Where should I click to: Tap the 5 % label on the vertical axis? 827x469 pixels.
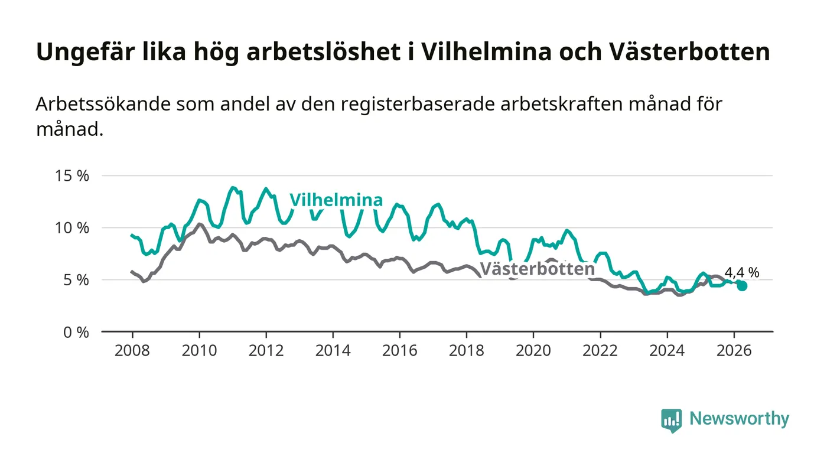pyautogui.click(x=76, y=280)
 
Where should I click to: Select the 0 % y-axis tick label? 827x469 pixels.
pyautogui.click(x=76, y=333)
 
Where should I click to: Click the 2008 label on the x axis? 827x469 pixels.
pyautogui.click(x=132, y=350)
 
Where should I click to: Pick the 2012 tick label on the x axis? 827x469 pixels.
pyautogui.click(x=266, y=350)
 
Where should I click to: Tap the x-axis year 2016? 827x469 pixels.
pyautogui.click(x=399, y=350)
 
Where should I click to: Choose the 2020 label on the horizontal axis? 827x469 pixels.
pyautogui.click(x=533, y=350)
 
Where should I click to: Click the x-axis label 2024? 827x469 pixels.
pyautogui.click(x=667, y=350)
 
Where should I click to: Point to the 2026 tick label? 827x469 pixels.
pyautogui.click(x=734, y=350)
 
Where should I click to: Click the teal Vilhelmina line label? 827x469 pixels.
pyautogui.click(x=336, y=200)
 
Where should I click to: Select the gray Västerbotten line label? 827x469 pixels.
pyautogui.click(x=538, y=269)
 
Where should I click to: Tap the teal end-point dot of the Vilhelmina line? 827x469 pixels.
pyautogui.click(x=742, y=286)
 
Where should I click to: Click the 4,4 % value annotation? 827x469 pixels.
pyautogui.click(x=742, y=272)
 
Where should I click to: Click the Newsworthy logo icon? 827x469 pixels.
pyautogui.click(x=672, y=420)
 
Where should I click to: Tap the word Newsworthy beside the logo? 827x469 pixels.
pyautogui.click(x=739, y=419)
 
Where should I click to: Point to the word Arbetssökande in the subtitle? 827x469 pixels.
pyautogui.click(x=103, y=104)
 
